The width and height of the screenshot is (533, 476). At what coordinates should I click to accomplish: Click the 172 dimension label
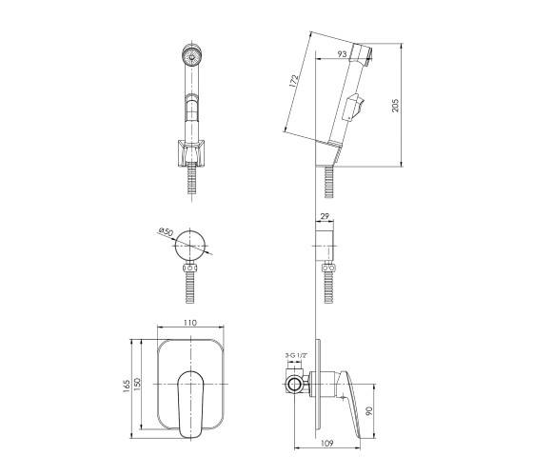coord(294,81)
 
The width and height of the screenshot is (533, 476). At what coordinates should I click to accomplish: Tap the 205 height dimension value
coord(395,106)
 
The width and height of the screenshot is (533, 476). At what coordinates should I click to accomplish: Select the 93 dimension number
coord(342,53)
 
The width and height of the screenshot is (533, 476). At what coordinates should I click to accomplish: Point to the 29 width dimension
coord(325,216)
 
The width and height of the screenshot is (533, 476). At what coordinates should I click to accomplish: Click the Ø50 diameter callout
coord(166,232)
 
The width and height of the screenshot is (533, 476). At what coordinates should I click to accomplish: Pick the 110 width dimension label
coord(190,323)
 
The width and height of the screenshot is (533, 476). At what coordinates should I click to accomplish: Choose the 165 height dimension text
coord(127,387)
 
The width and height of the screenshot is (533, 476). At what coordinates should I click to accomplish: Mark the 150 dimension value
coord(137,385)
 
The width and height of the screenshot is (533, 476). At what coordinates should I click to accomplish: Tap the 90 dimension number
coord(370,410)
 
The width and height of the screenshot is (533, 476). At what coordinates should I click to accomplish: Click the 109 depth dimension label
coord(327,443)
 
